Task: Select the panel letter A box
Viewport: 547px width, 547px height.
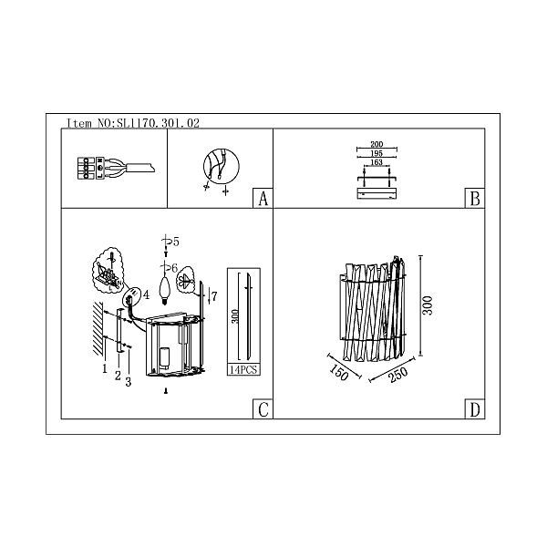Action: [x=263, y=199]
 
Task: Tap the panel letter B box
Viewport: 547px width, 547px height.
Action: [x=475, y=199]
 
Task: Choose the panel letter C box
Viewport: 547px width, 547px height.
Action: [x=263, y=408]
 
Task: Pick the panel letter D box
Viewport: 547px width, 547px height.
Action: [x=475, y=408]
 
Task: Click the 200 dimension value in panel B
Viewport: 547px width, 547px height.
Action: [x=377, y=144]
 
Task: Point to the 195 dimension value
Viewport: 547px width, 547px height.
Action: [x=377, y=153]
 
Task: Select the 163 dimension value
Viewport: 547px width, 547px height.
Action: [x=377, y=162]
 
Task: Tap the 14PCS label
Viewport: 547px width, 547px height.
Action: [x=243, y=370]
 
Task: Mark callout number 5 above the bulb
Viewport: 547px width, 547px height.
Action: [x=176, y=242]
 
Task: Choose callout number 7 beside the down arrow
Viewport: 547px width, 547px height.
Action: [x=214, y=296]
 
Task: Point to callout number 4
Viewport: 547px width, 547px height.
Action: [x=146, y=294]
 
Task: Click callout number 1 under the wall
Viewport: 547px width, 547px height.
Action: [x=104, y=368]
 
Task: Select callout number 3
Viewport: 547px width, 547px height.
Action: [x=128, y=382]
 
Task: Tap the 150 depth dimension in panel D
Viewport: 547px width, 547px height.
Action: [x=339, y=373]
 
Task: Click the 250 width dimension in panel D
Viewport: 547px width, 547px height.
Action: [x=398, y=375]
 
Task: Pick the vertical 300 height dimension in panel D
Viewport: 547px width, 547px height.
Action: [x=428, y=305]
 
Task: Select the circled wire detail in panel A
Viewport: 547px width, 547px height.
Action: [x=222, y=166]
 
